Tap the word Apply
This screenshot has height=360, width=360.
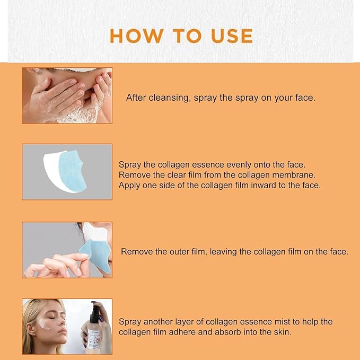tap(129, 185)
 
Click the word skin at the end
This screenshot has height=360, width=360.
tap(282, 332)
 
